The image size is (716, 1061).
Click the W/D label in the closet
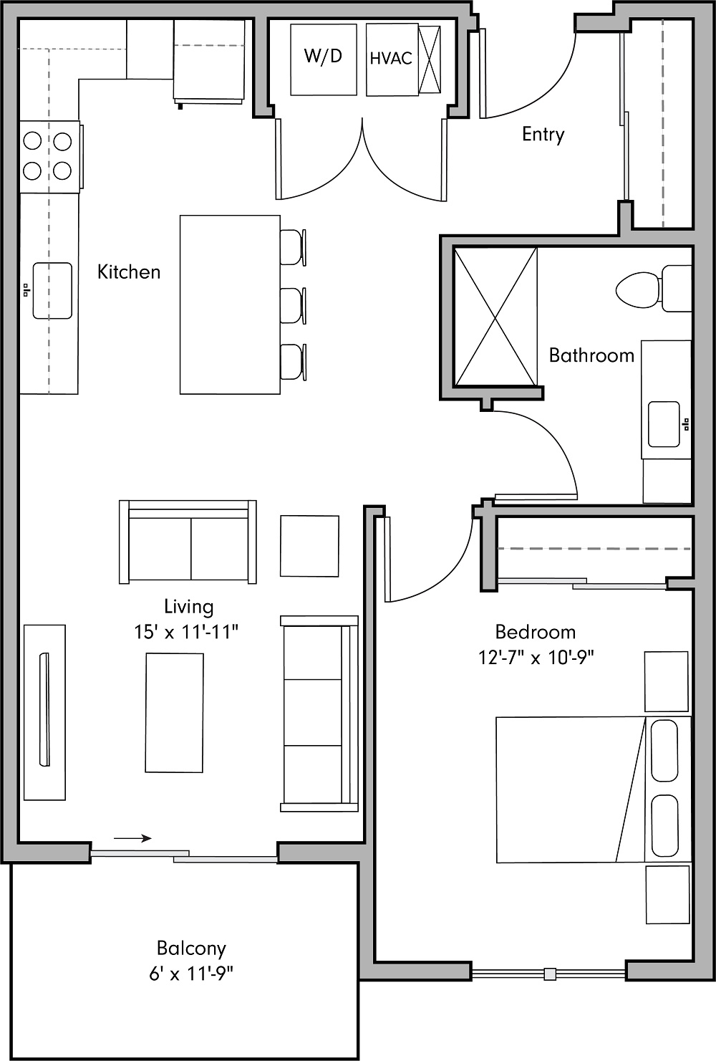coord(323,57)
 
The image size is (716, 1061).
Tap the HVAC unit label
coord(391,59)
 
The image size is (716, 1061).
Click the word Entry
coord(543,135)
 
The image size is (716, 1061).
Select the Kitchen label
coord(129,272)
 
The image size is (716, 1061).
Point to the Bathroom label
coord(591,355)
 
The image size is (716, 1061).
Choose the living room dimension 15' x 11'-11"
coord(186,632)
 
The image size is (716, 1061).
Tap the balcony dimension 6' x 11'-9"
coord(191,974)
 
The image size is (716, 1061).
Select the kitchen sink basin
coord(52,290)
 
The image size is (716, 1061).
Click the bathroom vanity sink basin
coord(664,424)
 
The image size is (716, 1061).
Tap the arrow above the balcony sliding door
coord(132,837)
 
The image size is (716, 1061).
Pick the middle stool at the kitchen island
coord(293,306)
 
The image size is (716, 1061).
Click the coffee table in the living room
coord(174,712)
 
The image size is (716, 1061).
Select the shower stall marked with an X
coord(495,317)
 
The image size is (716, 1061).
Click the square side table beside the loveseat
coord(309,545)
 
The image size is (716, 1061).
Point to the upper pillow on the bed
coord(664,751)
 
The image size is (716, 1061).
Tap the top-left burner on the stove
coord(33,141)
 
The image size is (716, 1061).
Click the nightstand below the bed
coord(667,894)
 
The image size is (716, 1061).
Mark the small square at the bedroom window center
coord(549,974)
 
